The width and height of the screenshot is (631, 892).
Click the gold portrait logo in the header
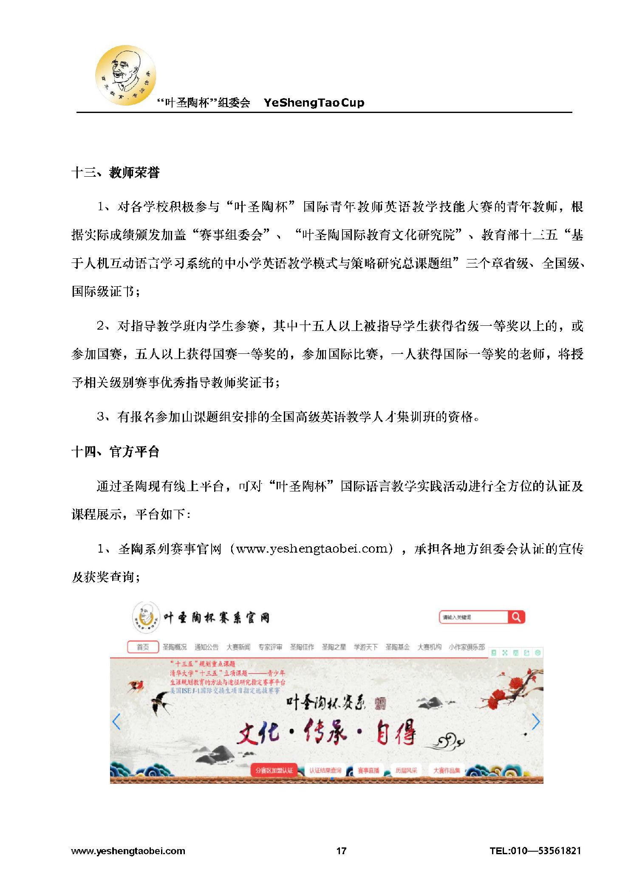[x=125, y=76]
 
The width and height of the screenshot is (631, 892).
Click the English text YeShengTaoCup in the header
[x=314, y=103]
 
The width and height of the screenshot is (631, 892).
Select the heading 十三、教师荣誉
[x=115, y=173]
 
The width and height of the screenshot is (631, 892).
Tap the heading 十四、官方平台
[x=115, y=452]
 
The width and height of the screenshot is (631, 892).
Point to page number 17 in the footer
[x=341, y=850]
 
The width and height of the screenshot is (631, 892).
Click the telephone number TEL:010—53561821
[x=535, y=850]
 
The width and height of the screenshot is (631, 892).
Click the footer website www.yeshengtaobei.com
[x=128, y=851]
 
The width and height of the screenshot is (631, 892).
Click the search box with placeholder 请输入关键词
[x=473, y=617]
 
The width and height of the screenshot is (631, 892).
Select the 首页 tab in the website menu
[x=143, y=647]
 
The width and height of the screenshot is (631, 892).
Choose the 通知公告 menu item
[x=206, y=647]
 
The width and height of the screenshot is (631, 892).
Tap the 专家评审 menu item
[x=270, y=647]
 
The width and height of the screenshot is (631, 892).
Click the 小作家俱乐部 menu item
[x=467, y=647]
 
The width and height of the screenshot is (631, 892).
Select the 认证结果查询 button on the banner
[x=325, y=770]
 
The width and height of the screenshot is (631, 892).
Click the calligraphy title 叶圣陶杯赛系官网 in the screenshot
[x=216, y=618]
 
